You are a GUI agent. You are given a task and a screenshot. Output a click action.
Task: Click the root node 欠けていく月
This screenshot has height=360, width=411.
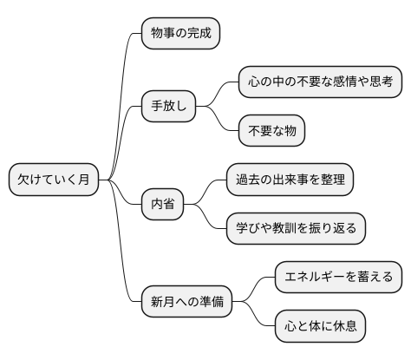(53, 180)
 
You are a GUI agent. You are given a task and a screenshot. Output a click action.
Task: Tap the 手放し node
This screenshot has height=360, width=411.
(169, 107)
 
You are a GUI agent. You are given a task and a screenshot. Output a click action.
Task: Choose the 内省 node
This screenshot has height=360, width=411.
(162, 204)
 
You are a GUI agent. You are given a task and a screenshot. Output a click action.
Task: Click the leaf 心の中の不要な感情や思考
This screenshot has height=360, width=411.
(318, 82)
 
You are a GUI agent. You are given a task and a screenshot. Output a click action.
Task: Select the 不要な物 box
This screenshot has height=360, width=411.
(272, 131)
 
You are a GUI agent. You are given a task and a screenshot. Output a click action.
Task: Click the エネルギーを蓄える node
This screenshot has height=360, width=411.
(337, 277)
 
